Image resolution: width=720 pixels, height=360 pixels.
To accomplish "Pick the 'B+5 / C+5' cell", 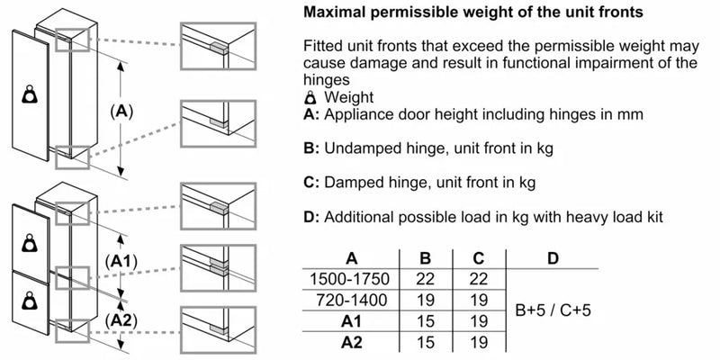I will [x=553, y=310].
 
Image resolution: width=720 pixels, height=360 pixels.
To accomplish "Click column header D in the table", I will [x=553, y=258].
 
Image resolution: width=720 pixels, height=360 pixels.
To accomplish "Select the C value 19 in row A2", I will [x=479, y=341].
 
